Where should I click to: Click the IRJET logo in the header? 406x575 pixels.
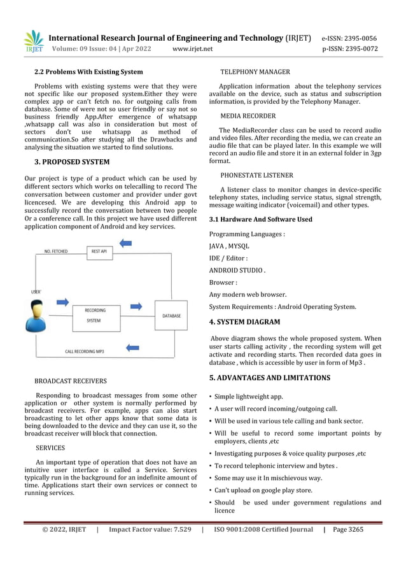click(33, 42)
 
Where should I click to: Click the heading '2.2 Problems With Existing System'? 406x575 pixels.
click(88, 72)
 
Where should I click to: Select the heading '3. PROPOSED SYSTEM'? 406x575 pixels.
click(71, 162)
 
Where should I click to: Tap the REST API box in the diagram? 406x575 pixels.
click(99, 252)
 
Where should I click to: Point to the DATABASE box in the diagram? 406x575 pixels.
click(171, 315)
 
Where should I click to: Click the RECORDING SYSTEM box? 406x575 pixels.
click(94, 316)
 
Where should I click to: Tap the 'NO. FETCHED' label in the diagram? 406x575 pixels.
click(57, 252)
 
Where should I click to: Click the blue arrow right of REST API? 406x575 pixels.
click(126, 243)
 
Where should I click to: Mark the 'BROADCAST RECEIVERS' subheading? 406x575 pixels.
click(70, 381)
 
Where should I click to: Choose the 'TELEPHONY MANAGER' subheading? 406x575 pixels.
click(255, 72)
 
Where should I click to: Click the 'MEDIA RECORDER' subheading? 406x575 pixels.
click(248, 116)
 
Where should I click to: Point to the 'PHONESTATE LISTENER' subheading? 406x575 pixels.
click(256, 174)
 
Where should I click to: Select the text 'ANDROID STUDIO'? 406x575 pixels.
click(236, 270)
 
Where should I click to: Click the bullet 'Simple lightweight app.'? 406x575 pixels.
click(248, 396)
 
